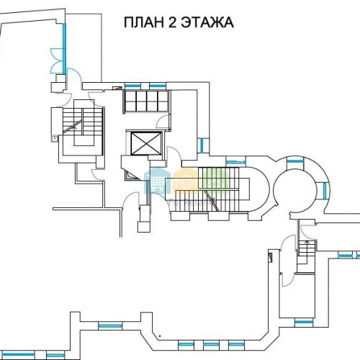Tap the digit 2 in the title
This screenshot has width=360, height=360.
click(x=172, y=22)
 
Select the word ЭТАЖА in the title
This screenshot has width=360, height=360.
click(x=207, y=22)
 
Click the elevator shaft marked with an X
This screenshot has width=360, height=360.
click(x=145, y=143)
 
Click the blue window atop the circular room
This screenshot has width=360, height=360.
click(x=295, y=161)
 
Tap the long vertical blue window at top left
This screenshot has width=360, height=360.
click(x=64, y=49)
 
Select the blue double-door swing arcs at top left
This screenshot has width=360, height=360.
click(x=57, y=60)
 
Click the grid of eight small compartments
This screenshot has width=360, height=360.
click(x=146, y=101)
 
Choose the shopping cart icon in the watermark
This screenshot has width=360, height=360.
click(x=156, y=181)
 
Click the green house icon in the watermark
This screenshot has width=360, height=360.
click(x=215, y=180)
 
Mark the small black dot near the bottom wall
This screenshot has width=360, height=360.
click(x=160, y=336)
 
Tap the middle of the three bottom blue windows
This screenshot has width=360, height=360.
click(x=211, y=345)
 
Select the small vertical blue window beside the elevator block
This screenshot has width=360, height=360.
click(x=202, y=145)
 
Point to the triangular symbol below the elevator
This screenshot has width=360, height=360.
click(x=131, y=176)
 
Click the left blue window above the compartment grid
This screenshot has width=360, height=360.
click(x=132, y=86)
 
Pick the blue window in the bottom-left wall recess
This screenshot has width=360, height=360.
click(x=110, y=325)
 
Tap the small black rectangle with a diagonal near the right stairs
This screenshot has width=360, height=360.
click(x=270, y=258)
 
